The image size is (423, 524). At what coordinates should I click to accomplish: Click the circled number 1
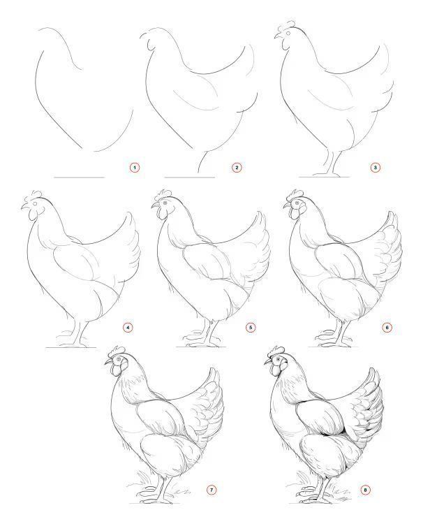135,168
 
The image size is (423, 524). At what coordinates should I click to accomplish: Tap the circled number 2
237,168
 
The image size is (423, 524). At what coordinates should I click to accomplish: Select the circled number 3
375,168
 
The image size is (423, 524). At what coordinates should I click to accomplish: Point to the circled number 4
128,328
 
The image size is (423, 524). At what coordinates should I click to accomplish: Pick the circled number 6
387,328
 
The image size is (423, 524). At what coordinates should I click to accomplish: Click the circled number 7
211,490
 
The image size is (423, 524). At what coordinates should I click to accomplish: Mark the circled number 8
366,490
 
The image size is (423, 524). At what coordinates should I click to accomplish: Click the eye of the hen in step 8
278,359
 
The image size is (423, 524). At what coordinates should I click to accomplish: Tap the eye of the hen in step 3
288,34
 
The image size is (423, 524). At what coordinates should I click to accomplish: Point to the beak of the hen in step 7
107,362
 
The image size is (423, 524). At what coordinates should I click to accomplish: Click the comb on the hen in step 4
36,194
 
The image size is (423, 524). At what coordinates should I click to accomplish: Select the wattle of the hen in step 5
162,214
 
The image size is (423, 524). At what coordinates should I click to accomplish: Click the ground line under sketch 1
80,177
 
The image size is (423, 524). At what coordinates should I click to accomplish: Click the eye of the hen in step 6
296,202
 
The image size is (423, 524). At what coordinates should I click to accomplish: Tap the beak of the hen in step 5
155,205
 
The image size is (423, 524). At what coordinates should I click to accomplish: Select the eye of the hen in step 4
35,204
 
